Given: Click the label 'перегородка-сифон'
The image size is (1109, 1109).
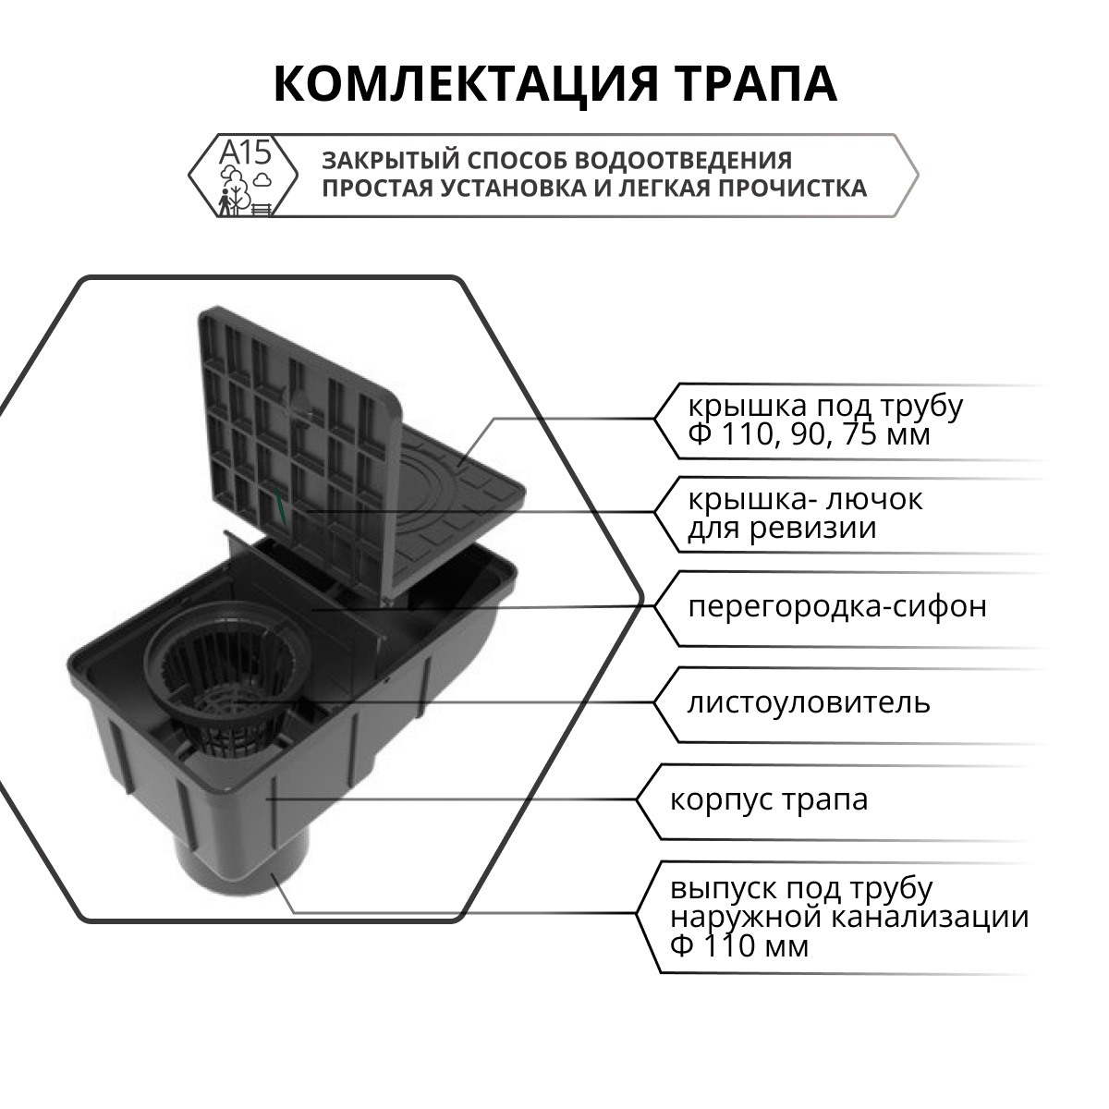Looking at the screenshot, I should tap(836, 607).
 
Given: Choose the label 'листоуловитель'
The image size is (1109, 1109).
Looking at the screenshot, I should tap(809, 703).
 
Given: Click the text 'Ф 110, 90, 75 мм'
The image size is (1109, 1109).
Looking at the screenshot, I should tap(809, 434).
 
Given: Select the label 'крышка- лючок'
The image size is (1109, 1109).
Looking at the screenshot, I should tap(805, 500).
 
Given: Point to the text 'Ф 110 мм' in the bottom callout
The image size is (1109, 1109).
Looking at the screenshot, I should tap(739, 947).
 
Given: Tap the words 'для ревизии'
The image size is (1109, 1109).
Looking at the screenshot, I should tap(781, 529).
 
